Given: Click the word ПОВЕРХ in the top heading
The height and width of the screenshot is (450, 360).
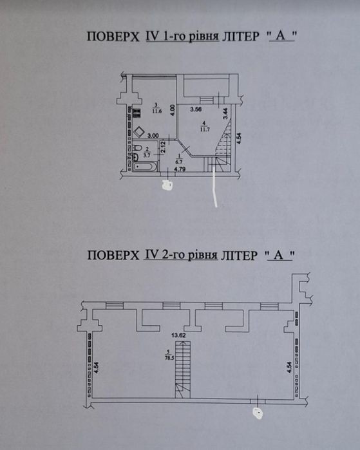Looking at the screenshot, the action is coord(113,37).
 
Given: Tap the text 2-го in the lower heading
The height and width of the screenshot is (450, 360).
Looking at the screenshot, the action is coord(172,254).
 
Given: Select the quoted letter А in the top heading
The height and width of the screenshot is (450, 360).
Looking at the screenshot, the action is coord(281,36).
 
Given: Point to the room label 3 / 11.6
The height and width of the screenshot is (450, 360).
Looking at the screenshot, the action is coord(156,109).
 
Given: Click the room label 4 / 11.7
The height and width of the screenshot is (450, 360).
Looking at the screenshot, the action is coord(205,126).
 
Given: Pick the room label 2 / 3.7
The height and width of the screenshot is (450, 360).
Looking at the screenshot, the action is coord(147,153).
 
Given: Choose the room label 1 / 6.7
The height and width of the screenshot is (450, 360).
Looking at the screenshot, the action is coord(180,159).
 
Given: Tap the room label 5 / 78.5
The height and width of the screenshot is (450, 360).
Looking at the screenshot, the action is coord(169,355).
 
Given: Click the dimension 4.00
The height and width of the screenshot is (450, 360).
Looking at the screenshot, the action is coord(172,110).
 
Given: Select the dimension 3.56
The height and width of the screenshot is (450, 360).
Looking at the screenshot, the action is coord(196,109).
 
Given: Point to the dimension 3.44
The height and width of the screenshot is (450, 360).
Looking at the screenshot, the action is coord(225,113).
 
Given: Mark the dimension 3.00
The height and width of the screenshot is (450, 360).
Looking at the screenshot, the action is coord(153,136).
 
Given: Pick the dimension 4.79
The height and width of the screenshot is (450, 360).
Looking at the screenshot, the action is coord(180,169).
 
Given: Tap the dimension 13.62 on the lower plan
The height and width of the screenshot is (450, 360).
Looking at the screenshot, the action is coord(178,335).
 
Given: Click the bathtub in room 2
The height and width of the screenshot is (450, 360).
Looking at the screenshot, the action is coord(145,166).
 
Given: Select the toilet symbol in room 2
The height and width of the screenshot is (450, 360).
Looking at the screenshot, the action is coord(138,148).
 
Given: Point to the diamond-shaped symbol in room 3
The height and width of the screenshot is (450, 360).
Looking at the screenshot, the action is coord(139,132).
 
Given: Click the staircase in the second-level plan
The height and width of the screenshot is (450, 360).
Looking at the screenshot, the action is coord(183,370).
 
